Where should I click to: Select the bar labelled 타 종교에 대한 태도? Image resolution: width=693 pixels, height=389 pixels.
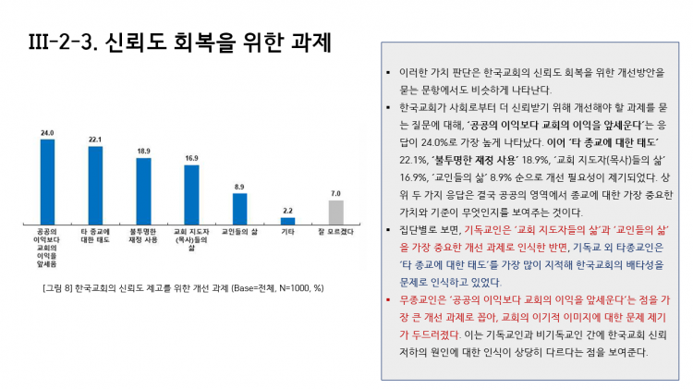click(x=95, y=186)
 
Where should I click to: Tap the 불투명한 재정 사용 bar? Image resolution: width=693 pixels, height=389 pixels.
click(x=143, y=191)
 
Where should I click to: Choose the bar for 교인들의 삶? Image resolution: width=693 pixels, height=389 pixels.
click(x=239, y=209)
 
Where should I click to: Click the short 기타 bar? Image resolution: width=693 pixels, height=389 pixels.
click(x=287, y=221)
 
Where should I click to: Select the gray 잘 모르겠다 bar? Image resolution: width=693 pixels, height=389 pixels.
click(x=335, y=213)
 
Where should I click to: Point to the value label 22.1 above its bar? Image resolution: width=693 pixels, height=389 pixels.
click(x=95, y=140)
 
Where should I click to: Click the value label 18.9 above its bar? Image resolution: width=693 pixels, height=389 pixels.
click(x=143, y=151)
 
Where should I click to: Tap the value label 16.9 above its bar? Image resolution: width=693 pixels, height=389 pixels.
click(x=191, y=158)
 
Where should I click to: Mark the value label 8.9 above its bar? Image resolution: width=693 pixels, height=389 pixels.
click(x=239, y=186)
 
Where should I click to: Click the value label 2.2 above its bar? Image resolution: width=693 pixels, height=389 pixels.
click(x=287, y=211)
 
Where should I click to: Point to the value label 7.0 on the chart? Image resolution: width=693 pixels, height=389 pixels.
click(x=335, y=193)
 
